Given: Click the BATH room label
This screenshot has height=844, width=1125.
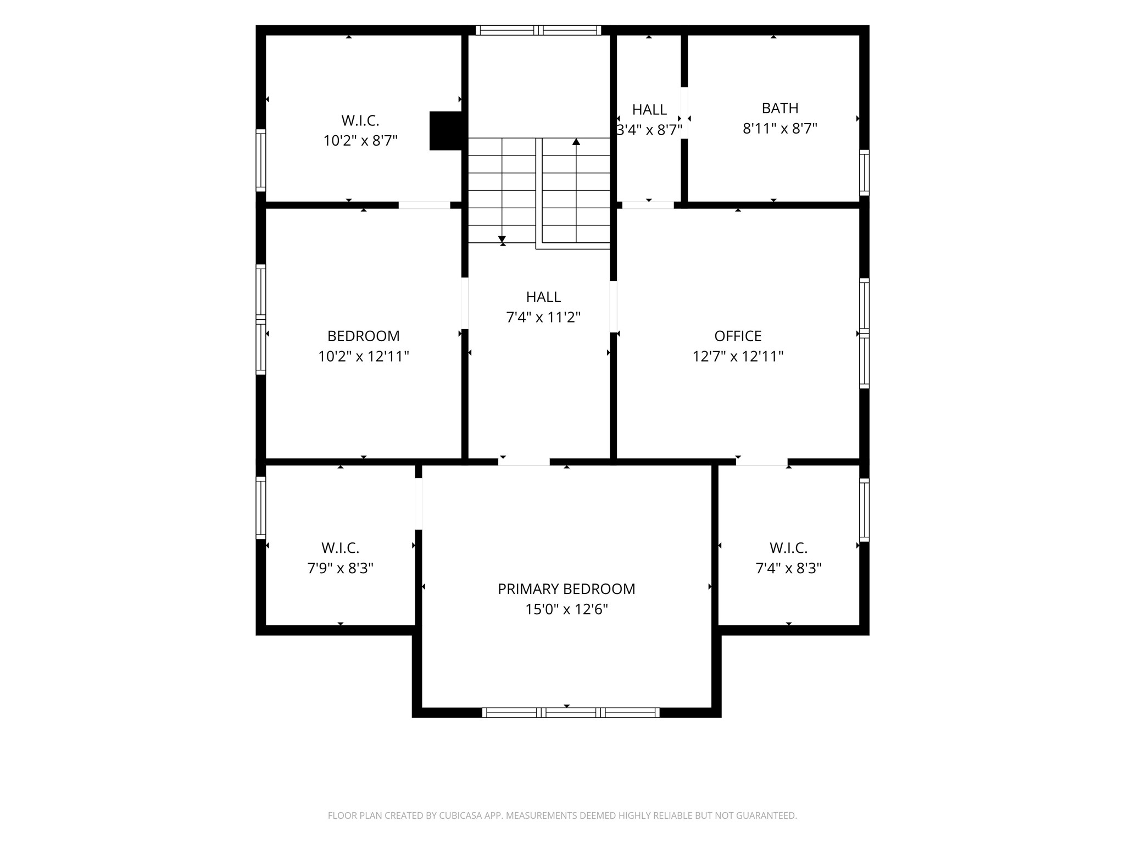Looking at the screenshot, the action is coord(779,108).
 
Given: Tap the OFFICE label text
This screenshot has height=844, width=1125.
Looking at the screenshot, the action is coord(738,336).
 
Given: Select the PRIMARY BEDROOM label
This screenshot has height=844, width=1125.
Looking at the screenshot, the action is coord(566,589).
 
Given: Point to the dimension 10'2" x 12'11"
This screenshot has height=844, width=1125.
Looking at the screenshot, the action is coord(364,357).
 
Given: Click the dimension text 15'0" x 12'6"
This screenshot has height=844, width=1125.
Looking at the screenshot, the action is coord(566,609).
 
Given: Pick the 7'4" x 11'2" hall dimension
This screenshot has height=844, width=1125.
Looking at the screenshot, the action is coord(543,317).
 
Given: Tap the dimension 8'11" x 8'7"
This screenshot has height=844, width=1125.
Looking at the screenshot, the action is coord(780,129).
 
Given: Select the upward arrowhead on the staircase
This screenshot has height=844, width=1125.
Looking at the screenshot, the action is coord(576,141).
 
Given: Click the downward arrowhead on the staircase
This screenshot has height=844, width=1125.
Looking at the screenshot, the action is coord(502,239).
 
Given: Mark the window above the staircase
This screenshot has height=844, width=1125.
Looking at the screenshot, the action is coord(538,30).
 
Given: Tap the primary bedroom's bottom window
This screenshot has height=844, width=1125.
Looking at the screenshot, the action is coord(571,713).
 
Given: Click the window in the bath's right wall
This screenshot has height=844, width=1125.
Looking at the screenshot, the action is coord(864,173).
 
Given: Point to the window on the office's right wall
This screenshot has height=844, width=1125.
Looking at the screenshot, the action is coord(864,334).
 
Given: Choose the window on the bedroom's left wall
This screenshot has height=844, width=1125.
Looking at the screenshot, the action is coord(261,320).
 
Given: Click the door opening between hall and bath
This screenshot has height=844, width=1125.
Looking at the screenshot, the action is coord(684,113).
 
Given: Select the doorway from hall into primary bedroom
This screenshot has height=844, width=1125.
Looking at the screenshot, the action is coord(524,462).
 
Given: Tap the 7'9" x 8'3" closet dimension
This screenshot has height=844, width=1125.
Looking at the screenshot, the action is coord(341,568).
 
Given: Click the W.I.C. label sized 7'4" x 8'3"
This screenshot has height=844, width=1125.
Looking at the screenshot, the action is coord(788,548).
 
